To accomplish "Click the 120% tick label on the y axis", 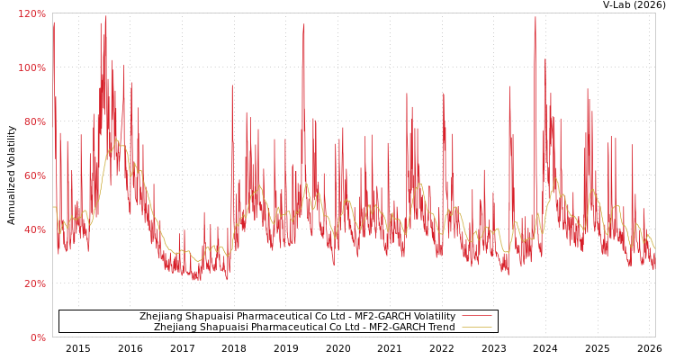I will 32,13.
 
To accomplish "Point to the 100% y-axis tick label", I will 32,67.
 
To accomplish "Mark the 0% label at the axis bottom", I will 38,337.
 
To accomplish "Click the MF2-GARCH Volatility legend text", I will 297,317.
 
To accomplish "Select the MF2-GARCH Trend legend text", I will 304,328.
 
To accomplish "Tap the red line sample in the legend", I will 476,317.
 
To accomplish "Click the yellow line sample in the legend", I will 476,328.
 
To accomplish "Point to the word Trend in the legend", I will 441,328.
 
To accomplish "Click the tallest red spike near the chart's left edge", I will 105,17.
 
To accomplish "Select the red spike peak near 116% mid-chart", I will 304,25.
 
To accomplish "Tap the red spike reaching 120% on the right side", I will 535,17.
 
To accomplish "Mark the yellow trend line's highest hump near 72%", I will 116,140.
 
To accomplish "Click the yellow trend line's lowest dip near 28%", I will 199,261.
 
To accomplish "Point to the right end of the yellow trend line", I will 654,247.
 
